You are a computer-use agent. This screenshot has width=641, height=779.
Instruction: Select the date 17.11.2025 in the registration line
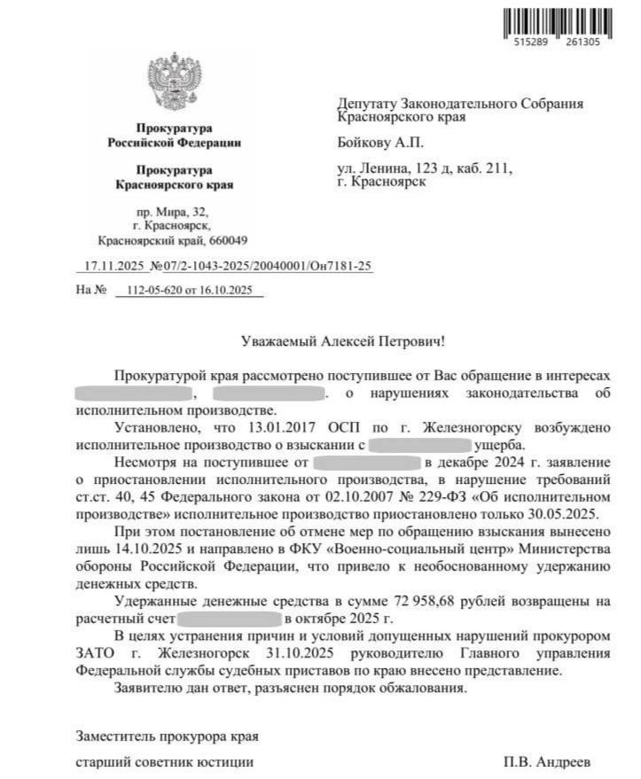tap(112, 266)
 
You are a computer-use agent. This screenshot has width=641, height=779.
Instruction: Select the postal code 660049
tap(226, 240)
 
